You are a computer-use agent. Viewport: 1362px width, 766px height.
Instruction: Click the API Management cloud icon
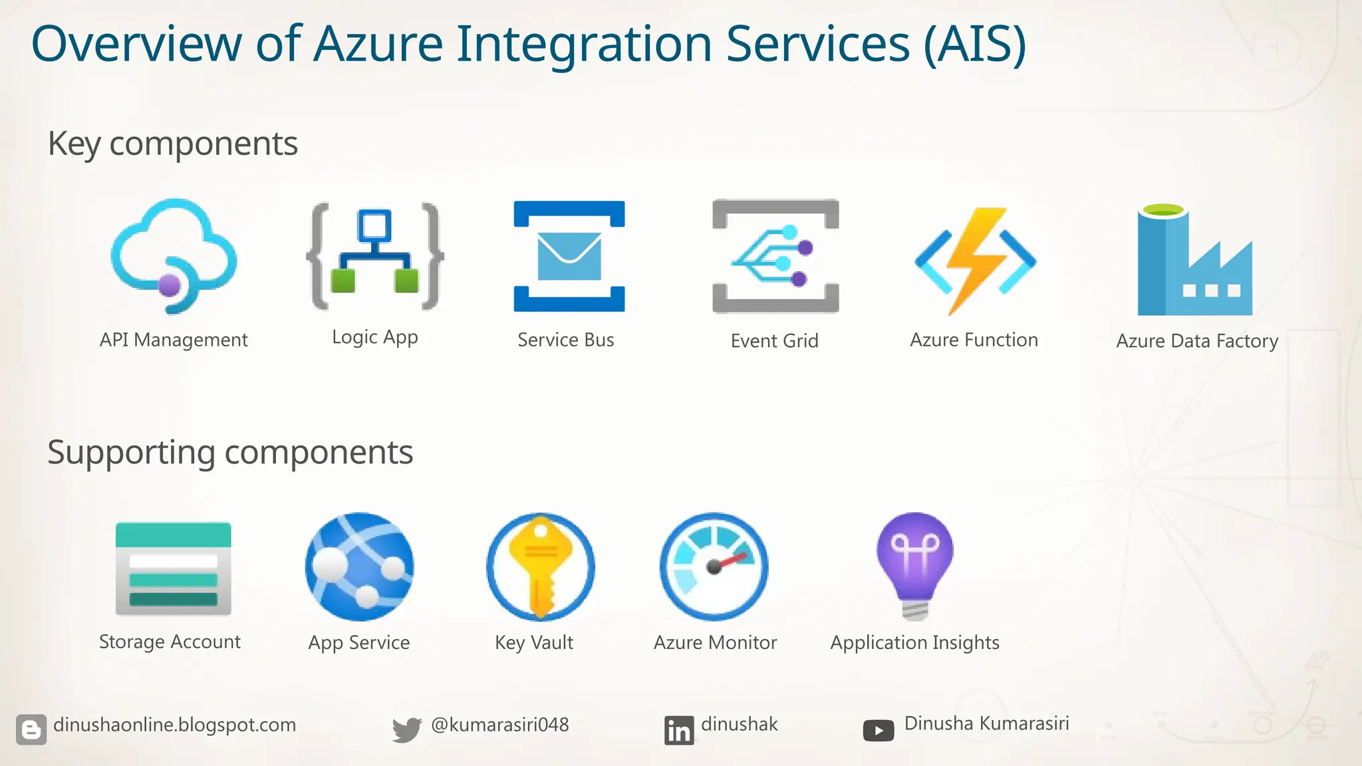pyautogui.click(x=174, y=256)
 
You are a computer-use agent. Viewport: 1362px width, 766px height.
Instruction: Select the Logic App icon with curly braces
pyautogui.click(x=375, y=256)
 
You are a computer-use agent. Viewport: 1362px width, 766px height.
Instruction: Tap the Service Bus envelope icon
pyautogui.click(x=569, y=256)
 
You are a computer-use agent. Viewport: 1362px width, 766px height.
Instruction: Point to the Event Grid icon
pyautogui.click(x=775, y=256)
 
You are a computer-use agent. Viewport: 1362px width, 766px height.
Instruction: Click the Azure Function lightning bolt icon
pyautogui.click(x=975, y=259)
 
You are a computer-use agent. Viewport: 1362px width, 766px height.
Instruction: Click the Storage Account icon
pyautogui.click(x=174, y=569)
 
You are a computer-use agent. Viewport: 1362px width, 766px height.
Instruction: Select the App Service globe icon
pyautogui.click(x=360, y=567)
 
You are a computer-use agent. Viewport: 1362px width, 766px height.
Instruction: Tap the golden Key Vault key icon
pyautogui.click(x=541, y=567)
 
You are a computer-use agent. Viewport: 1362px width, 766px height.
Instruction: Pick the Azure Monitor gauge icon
pyautogui.click(x=714, y=567)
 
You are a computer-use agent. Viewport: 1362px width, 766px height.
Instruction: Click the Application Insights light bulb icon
pyautogui.click(x=915, y=565)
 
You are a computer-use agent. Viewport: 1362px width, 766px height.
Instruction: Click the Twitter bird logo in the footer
pyautogui.click(x=406, y=729)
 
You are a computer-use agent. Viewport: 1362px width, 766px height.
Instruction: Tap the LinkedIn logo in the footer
pyautogui.click(x=678, y=730)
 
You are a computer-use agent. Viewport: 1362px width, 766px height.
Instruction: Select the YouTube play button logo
pyautogui.click(x=879, y=731)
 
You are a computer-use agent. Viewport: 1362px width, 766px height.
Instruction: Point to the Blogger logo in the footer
pyautogui.click(x=31, y=729)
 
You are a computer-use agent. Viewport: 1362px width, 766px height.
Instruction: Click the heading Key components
pyautogui.click(x=173, y=144)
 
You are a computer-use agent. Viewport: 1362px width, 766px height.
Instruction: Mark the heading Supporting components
pyautogui.click(x=230, y=453)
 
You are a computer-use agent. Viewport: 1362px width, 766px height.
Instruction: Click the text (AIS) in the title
pyautogui.click(x=974, y=44)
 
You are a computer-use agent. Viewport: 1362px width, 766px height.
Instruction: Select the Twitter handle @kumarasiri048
pyautogui.click(x=500, y=725)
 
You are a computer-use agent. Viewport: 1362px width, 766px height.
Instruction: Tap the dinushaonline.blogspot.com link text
pyautogui.click(x=174, y=725)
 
